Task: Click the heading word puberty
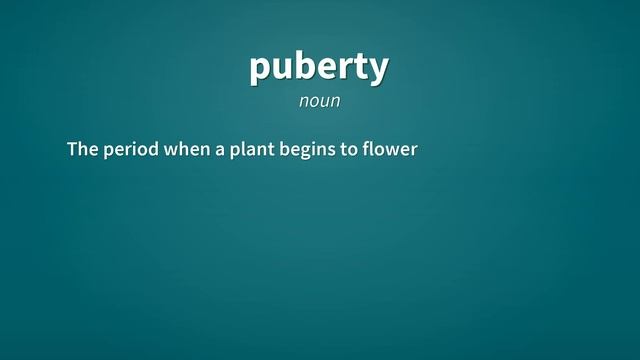(x=319, y=67)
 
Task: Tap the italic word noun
(x=319, y=101)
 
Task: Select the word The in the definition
(x=82, y=150)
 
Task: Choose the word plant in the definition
(x=249, y=151)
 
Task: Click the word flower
(x=389, y=150)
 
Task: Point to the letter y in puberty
(x=378, y=70)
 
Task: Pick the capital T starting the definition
(x=73, y=150)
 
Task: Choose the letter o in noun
(x=313, y=102)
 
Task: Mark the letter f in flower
(x=367, y=150)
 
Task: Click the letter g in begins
(x=303, y=153)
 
